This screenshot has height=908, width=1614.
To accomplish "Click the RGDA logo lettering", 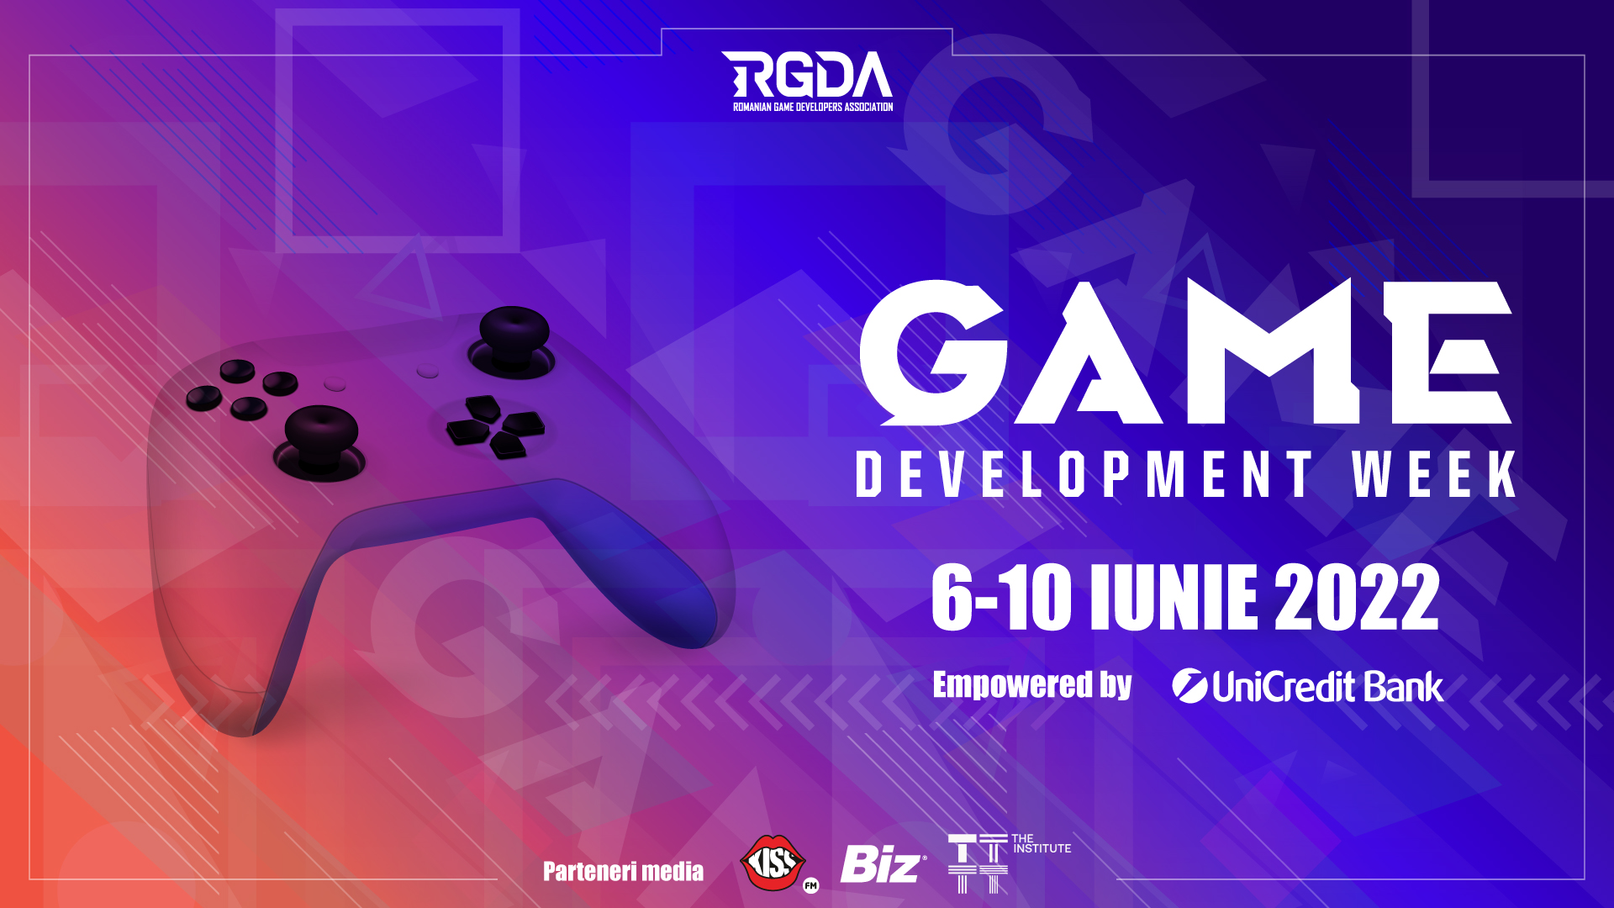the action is [x=807, y=75].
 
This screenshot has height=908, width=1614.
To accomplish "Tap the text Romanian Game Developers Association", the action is [x=813, y=108].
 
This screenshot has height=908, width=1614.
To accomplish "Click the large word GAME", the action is [x=1186, y=352].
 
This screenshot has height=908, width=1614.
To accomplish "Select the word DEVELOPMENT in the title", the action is [x=1084, y=474].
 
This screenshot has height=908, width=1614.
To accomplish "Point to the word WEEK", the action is [x=1434, y=474].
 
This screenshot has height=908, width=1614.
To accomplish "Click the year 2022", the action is [x=1357, y=597].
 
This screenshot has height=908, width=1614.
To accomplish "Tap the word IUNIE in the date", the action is [x=1174, y=597].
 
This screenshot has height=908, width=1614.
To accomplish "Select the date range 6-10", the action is [x=1001, y=597].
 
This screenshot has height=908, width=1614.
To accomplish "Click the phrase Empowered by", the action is [x=1032, y=685].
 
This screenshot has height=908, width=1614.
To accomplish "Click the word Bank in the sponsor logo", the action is [x=1404, y=687].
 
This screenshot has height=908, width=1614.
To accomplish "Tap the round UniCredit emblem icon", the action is [x=1189, y=686].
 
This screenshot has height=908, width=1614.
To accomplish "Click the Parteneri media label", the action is [x=623, y=871].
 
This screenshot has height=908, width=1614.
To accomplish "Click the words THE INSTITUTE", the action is [x=1042, y=844].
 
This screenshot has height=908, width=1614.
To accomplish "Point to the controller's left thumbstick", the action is [x=321, y=437].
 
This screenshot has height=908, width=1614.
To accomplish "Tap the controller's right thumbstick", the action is [x=513, y=340].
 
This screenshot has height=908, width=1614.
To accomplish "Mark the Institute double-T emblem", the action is [x=978, y=863].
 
